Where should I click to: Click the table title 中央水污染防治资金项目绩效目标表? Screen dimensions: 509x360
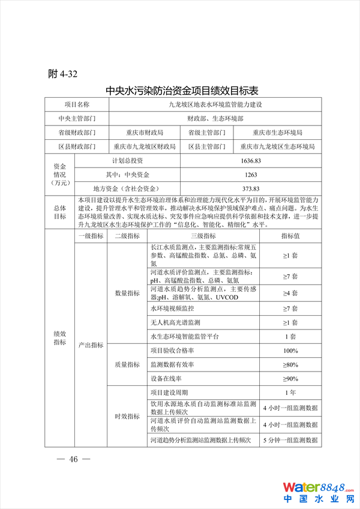tap(182, 91)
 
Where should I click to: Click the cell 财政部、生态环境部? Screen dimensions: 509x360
tap(215, 118)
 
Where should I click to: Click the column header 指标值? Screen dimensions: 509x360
tap(290, 236)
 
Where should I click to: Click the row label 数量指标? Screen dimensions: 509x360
tap(127, 293)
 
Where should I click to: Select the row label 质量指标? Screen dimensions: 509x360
tap(127, 365)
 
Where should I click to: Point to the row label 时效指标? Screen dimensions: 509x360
tap(127, 417)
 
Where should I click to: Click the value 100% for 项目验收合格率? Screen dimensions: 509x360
tap(290, 351)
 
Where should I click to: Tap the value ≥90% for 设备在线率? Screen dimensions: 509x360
tap(290, 379)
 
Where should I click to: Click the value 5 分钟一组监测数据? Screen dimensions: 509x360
tap(290, 441)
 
